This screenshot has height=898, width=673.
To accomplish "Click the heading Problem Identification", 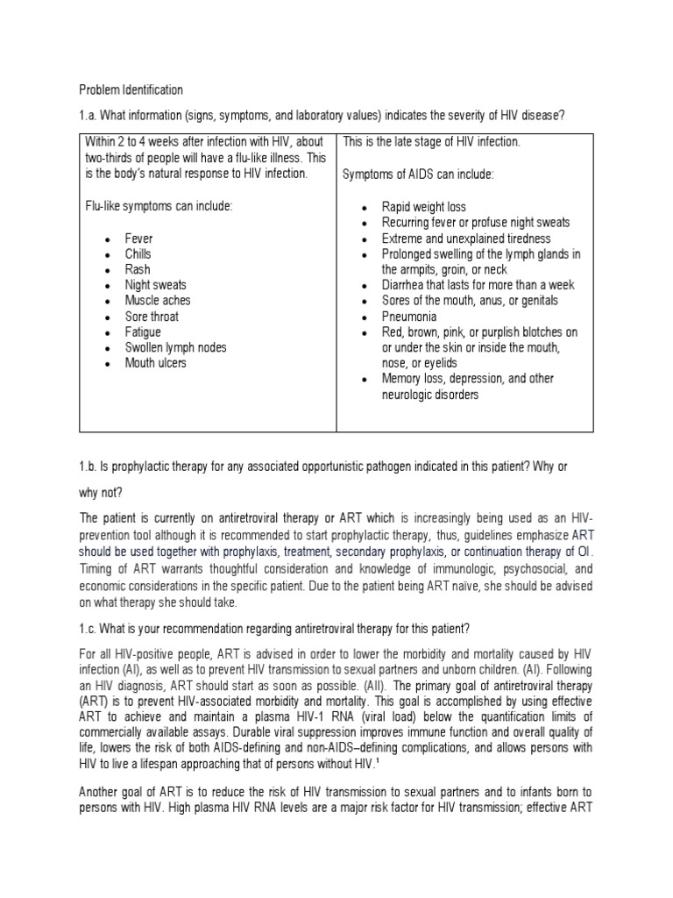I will (x=131, y=89).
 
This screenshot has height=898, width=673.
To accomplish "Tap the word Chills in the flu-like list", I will (x=138, y=254).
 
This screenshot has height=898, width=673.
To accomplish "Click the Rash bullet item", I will (x=137, y=269).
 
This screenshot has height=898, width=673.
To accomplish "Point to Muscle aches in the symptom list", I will (x=157, y=301).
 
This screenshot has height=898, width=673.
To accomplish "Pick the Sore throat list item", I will (x=151, y=317).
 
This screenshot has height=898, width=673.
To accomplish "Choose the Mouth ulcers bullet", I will (x=155, y=363).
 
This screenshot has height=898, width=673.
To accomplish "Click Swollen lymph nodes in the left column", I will (x=175, y=347).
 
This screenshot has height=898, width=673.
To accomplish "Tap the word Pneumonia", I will (x=409, y=317).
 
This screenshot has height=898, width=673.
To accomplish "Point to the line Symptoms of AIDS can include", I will (x=418, y=175).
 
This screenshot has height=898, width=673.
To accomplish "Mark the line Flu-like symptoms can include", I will (x=159, y=207).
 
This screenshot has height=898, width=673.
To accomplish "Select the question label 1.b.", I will (x=89, y=467).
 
